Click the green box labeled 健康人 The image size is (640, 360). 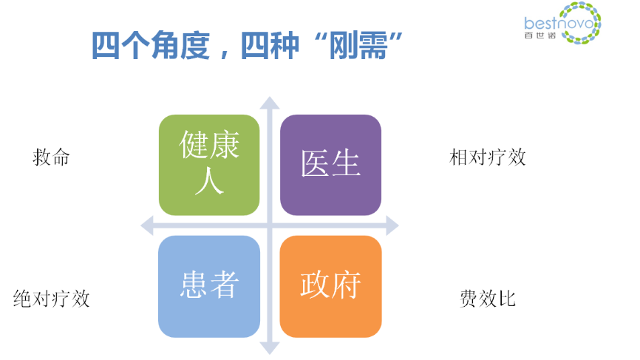[x=209, y=165]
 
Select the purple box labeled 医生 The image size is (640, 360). [x=330, y=165]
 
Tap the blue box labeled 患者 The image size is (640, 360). [x=209, y=286]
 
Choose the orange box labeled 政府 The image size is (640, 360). [x=330, y=286]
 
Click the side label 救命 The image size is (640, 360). [x=51, y=157]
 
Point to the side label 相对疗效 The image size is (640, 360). [x=488, y=157]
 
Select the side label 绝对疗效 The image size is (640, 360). [x=52, y=299]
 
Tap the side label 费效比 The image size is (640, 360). [x=488, y=299]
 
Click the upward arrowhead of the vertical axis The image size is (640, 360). [x=270, y=103]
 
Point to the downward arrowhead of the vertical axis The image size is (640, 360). [x=270, y=347]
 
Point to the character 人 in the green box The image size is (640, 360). [x=209, y=181]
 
